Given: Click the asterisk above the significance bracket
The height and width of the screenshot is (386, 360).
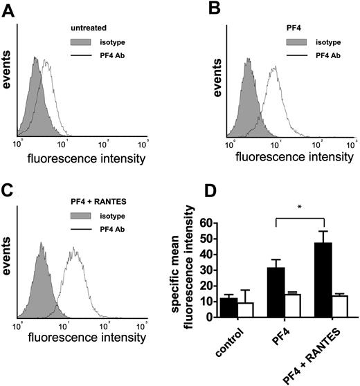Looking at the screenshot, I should (x=298, y=207).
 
